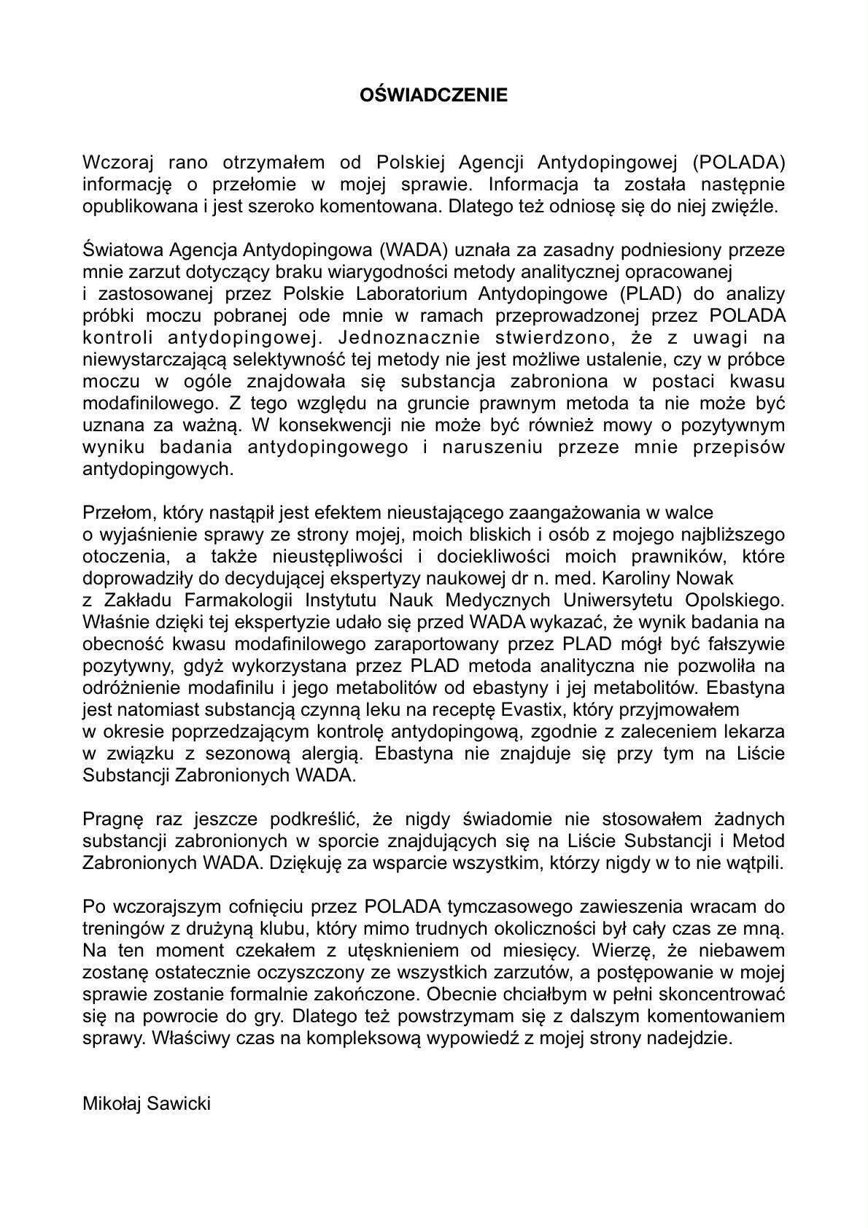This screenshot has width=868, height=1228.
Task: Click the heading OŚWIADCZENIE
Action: pos(434,96)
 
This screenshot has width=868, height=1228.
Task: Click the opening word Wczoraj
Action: pos(117,161)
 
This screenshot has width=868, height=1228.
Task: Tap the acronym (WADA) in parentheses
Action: pos(413,250)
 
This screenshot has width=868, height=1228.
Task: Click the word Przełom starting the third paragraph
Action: pos(114,513)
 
